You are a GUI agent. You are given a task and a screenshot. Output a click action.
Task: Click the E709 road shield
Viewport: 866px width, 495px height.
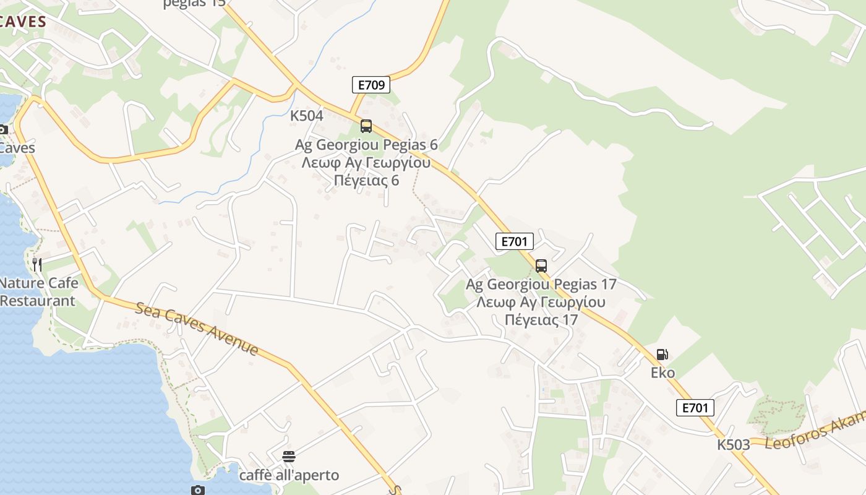click(x=371, y=85)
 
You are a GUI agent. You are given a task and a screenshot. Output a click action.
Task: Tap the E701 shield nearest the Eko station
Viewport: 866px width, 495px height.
click(x=695, y=407)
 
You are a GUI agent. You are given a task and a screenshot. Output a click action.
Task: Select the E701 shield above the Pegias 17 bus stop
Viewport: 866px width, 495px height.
click(x=514, y=241)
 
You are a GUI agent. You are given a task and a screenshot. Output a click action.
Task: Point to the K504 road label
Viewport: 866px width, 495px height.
click(x=307, y=116)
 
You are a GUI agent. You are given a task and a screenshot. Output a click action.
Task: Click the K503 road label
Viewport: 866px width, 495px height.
click(x=734, y=444)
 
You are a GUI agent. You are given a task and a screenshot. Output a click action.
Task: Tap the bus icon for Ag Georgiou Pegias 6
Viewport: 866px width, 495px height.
click(x=366, y=126)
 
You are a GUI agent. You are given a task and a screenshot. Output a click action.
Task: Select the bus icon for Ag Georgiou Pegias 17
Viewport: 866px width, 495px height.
click(x=541, y=266)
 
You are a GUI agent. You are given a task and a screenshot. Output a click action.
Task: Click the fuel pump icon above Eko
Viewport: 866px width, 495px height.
click(x=662, y=355)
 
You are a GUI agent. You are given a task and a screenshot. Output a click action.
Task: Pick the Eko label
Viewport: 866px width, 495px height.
click(x=662, y=372)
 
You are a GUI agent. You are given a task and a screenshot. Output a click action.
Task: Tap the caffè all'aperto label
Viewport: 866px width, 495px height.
click(x=289, y=475)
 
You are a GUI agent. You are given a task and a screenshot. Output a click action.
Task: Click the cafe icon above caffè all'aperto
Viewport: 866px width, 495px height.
click(x=289, y=457)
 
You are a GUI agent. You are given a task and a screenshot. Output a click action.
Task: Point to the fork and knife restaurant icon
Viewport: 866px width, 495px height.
click(x=37, y=265)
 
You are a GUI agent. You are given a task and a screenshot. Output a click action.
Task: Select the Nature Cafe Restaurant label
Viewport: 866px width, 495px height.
click(x=38, y=292)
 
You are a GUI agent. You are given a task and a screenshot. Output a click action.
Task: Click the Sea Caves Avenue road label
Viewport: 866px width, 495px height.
click(x=197, y=328)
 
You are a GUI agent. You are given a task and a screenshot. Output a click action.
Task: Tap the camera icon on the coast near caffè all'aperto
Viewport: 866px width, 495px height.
click(x=198, y=490)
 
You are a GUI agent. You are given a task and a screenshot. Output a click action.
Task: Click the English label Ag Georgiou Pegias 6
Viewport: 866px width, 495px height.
click(x=366, y=145)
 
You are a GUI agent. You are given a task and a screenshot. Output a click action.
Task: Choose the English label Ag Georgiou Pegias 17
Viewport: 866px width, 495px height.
click(x=541, y=285)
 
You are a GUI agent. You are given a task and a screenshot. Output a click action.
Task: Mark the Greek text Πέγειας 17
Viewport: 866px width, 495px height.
click(x=541, y=320)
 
